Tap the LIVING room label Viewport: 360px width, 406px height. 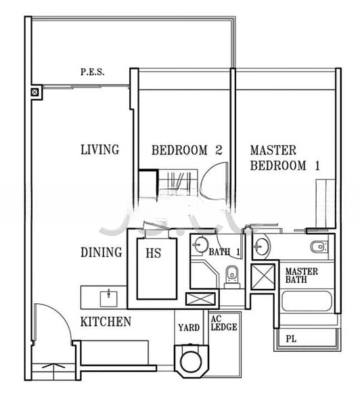[99, 150]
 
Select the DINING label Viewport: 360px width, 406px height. [102, 252]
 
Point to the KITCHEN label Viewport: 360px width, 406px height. [106, 322]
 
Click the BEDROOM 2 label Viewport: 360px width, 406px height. [187, 150]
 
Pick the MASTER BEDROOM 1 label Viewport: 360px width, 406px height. [284, 158]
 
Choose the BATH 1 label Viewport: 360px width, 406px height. [225, 252]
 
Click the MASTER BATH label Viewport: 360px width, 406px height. [301, 275]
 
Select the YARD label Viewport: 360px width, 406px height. [189, 328]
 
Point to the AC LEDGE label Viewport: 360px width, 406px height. [223, 323]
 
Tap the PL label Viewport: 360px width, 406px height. [291, 338]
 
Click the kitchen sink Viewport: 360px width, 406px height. [108, 296]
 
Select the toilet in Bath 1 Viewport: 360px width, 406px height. [231, 274]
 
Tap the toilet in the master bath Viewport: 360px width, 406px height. [318, 246]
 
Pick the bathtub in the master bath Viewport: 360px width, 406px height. [308, 302]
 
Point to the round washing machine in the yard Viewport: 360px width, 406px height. [190, 359]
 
